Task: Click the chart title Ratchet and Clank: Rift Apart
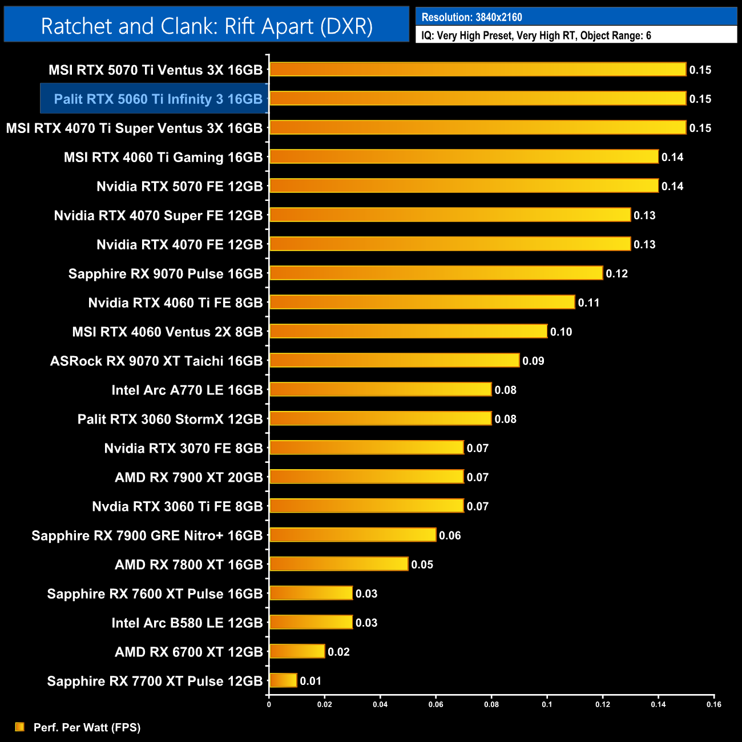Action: click(x=207, y=26)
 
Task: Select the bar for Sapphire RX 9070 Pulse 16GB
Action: click(x=436, y=273)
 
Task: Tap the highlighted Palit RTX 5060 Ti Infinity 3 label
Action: click(x=158, y=99)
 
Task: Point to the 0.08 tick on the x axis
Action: click(x=491, y=704)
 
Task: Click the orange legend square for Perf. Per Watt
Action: click(x=20, y=727)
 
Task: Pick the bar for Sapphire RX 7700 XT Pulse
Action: click(x=283, y=680)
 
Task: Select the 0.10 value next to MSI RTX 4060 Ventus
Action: click(x=561, y=332)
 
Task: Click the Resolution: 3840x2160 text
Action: click(x=471, y=17)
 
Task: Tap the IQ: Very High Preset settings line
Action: click(x=536, y=35)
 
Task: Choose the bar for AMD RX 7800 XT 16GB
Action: click(x=339, y=564)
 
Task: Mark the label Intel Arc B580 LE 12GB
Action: click(x=187, y=623)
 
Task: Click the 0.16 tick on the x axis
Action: click(x=714, y=704)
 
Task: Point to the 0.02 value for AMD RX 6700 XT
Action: click(x=338, y=652)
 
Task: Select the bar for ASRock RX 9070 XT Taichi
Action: click(x=394, y=360)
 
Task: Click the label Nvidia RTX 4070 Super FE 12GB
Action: click(x=158, y=215)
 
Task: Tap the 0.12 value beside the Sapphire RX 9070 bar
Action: click(x=616, y=273)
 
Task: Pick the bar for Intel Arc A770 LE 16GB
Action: click(x=381, y=389)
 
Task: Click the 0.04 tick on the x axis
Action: click(x=380, y=704)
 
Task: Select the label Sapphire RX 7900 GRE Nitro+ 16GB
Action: click(x=147, y=535)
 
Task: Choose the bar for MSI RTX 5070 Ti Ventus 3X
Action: click(x=478, y=70)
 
